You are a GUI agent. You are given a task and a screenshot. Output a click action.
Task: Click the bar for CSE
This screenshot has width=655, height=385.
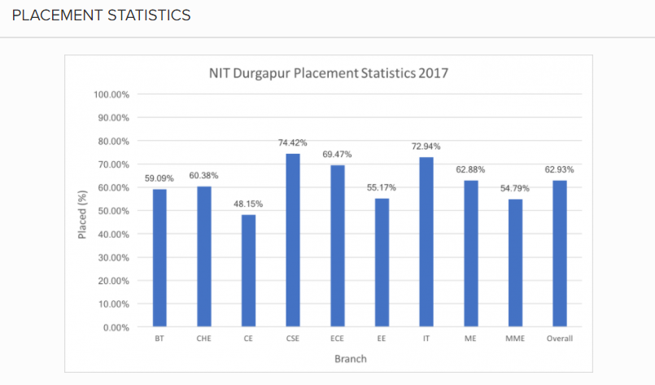pyautogui.click(x=293, y=240)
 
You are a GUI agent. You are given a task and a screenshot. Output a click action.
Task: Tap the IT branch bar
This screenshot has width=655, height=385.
pyautogui.click(x=426, y=242)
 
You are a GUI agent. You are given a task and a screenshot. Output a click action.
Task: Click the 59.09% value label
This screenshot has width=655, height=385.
pyautogui.click(x=159, y=178)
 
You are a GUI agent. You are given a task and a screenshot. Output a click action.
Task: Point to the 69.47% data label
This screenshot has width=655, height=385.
pyautogui.click(x=338, y=154)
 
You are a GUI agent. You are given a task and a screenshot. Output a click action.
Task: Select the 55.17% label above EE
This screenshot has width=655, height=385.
pyautogui.click(x=382, y=187)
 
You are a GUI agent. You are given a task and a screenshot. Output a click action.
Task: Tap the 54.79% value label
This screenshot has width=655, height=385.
pyautogui.click(x=515, y=188)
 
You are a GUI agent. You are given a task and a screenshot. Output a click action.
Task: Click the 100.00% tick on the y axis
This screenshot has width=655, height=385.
pyautogui.click(x=112, y=94)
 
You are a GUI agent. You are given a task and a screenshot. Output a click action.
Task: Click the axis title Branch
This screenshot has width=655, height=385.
pyautogui.click(x=351, y=358)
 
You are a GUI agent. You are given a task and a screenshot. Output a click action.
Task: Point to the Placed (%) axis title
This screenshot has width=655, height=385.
pyautogui.click(x=82, y=211)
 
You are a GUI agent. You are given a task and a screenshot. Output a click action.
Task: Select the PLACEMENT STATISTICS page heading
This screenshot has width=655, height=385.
pyautogui.click(x=102, y=15)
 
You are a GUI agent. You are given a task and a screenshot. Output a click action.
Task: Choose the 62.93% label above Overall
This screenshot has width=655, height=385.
pyautogui.click(x=560, y=169)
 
